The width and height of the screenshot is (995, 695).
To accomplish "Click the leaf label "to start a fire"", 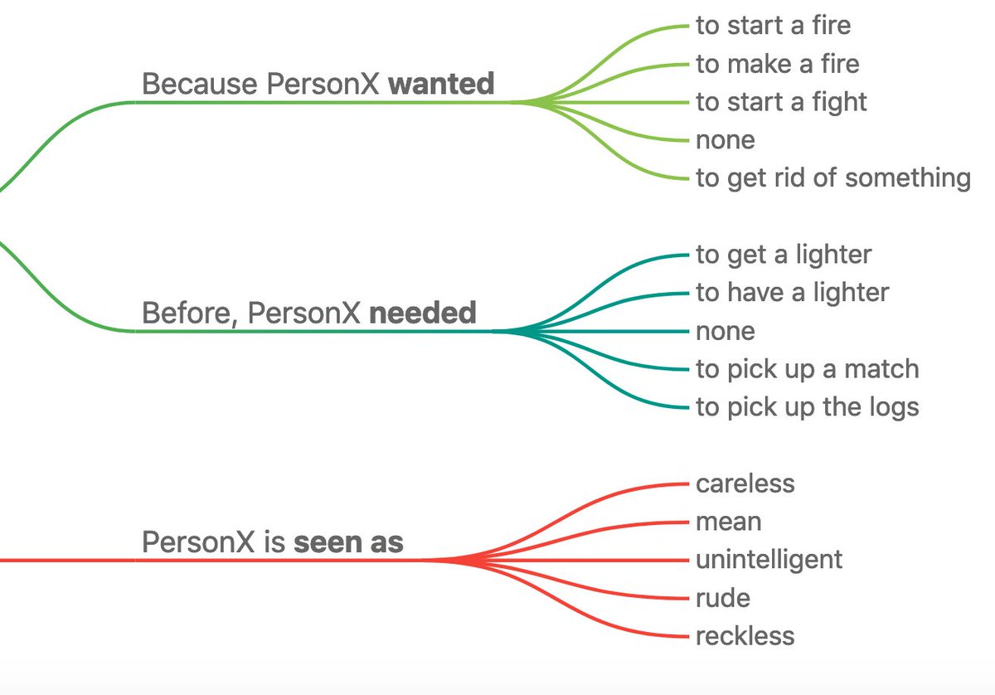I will click(x=773, y=26).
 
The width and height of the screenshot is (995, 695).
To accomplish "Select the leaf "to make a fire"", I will click(x=777, y=64).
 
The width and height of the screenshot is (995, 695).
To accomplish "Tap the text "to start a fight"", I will click(x=781, y=102).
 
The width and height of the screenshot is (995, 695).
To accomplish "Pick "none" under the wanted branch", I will click(x=726, y=140).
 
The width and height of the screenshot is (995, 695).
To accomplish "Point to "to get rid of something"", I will click(x=832, y=177).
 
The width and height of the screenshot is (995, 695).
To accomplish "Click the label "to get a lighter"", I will click(x=784, y=255).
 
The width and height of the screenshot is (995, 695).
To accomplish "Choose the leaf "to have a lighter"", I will click(x=792, y=293).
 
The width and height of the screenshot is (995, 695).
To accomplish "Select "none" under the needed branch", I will click(x=726, y=331).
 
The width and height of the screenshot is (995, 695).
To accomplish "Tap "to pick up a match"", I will click(x=807, y=369).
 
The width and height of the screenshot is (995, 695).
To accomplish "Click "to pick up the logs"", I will click(x=807, y=407).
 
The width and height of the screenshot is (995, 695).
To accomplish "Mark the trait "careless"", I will click(x=745, y=484).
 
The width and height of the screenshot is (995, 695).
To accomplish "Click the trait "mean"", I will click(x=728, y=522).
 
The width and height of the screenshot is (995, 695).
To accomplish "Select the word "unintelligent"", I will click(x=769, y=560).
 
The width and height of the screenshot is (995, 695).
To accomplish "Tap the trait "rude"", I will click(x=723, y=598).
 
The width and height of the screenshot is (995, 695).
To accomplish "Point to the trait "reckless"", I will click(x=745, y=636).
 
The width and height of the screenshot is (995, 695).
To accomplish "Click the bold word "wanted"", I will click(x=441, y=84).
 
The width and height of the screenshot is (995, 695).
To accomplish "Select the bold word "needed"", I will click(x=422, y=313).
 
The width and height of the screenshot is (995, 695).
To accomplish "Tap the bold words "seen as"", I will click(x=348, y=542).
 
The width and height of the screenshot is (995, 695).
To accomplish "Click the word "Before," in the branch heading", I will click(x=190, y=313).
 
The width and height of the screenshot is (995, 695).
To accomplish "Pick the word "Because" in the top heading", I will click(x=200, y=84).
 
